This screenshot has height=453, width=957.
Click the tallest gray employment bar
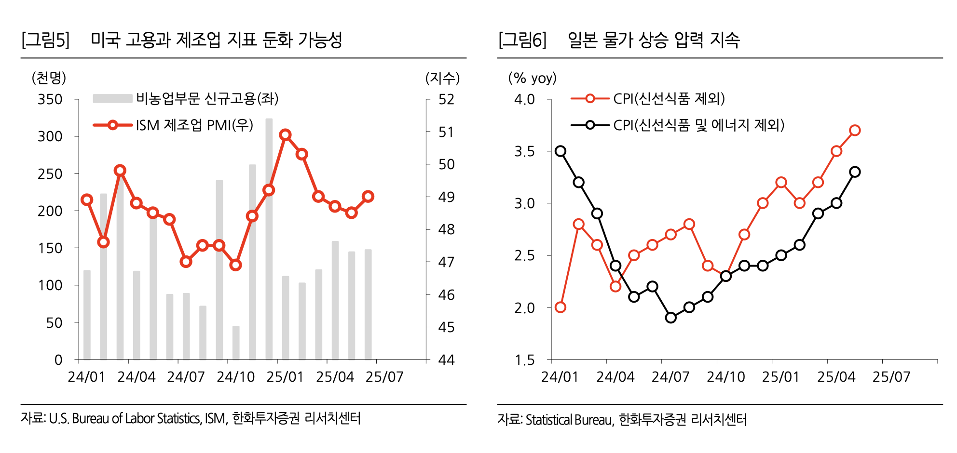(x=269, y=239)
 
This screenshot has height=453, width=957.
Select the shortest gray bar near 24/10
(x=236, y=343)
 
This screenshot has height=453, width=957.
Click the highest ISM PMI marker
(x=285, y=134)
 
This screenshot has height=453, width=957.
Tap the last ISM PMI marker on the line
(x=368, y=196)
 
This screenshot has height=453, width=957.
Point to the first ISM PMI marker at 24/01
(x=87, y=200)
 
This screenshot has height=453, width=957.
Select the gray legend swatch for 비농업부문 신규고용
(x=112, y=99)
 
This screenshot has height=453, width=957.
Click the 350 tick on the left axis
(x=50, y=99)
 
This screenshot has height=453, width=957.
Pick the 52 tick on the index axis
(x=446, y=99)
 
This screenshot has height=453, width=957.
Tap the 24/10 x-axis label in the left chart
(x=235, y=377)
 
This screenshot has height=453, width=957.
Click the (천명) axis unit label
(x=49, y=78)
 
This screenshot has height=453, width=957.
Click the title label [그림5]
(x=45, y=40)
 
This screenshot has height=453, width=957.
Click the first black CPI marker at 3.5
(x=560, y=151)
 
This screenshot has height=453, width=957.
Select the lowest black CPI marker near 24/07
(x=670, y=318)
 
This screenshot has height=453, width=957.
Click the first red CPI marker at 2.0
(x=560, y=307)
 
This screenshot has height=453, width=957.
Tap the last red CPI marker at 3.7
(x=855, y=130)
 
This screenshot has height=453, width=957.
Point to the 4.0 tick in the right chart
(x=524, y=99)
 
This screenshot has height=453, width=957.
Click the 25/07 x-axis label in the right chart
(x=891, y=377)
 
